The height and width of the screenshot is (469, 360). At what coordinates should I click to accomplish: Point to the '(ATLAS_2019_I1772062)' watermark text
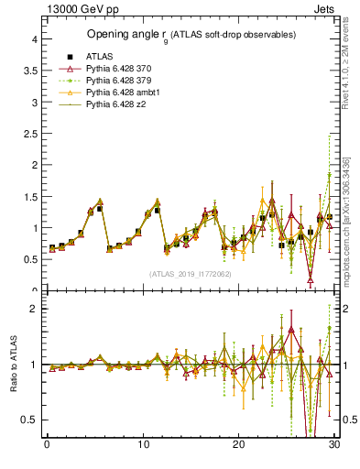click(x=190, y=273)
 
